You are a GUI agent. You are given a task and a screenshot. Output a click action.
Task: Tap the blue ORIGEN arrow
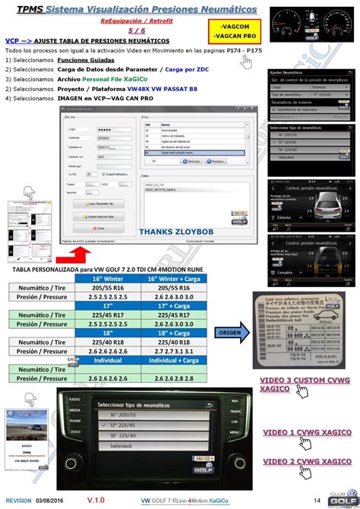(231, 333)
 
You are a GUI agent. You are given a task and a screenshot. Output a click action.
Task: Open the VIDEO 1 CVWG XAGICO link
(302, 433)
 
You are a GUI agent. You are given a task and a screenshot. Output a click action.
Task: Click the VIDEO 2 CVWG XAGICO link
(302, 461)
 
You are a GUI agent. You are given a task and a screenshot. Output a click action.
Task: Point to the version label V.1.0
(96, 501)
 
